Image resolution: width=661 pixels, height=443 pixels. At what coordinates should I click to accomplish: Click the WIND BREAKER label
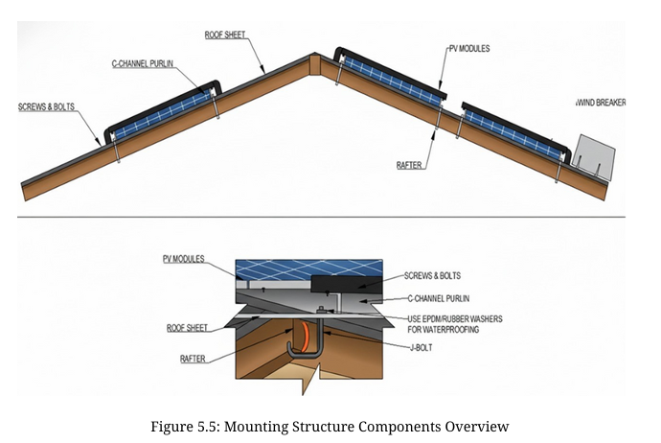coord(601,102)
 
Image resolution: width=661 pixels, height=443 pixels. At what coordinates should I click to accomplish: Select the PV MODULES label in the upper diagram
coord(468,47)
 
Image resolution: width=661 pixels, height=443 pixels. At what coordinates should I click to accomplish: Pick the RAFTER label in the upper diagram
coord(409,165)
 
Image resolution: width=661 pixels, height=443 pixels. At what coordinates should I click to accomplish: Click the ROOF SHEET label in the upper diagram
coord(225,35)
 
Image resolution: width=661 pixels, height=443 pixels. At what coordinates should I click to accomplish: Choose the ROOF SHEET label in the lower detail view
coord(188,328)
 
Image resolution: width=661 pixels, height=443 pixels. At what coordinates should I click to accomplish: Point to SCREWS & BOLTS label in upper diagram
coord(47,106)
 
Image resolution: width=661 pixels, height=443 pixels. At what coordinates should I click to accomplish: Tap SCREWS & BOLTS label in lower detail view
coord(432,275)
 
